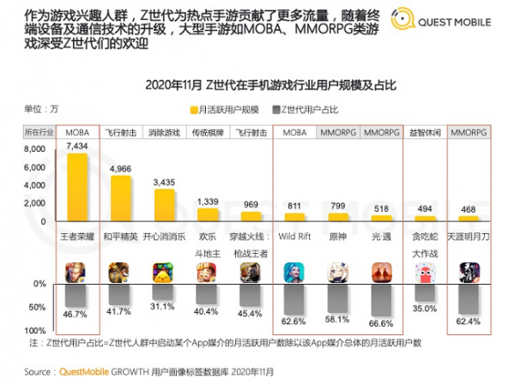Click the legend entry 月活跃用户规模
[x=227, y=110]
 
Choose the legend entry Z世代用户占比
[x=310, y=110]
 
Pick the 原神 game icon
[x=338, y=272]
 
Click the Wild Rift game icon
[x=294, y=272]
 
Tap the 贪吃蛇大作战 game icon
[x=423, y=272]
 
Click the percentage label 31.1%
[x=163, y=306]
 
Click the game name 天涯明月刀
[x=468, y=237]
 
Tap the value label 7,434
[x=77, y=147]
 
